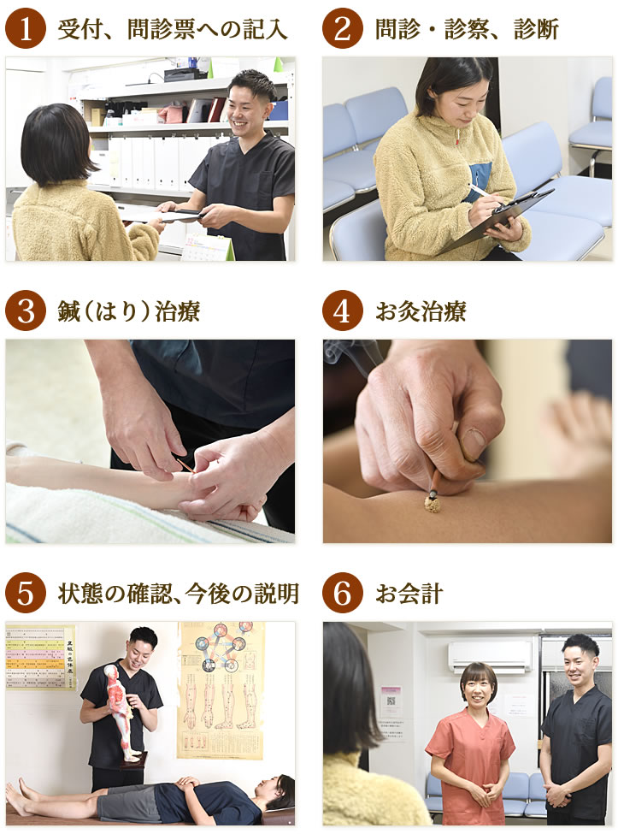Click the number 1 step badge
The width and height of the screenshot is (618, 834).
click(26, 29)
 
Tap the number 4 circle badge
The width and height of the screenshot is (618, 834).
click(343, 311)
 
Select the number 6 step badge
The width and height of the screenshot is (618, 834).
click(343, 594)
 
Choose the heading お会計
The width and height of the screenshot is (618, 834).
click(409, 594)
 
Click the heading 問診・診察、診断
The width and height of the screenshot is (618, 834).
click(467, 30)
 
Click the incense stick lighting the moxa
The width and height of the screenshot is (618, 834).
click(435, 483)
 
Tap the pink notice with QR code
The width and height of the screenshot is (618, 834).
click(391, 701)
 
